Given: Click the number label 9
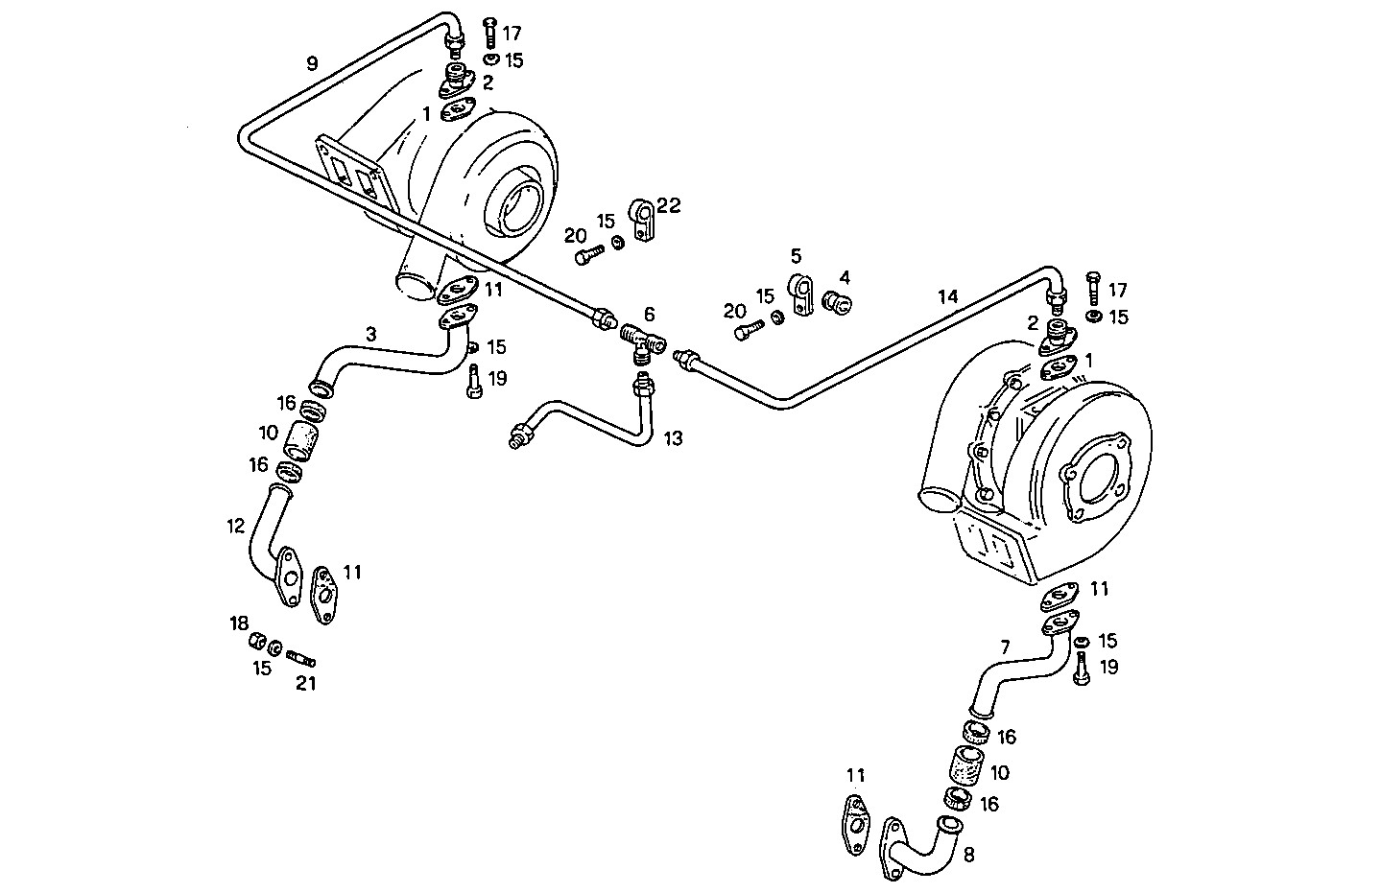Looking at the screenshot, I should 312,63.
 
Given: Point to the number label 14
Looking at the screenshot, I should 948,297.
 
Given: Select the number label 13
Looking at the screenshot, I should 674,438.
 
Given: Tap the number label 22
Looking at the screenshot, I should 669,205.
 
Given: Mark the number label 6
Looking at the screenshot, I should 650,314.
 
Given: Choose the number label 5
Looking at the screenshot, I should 796,256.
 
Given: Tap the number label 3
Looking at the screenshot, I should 370,335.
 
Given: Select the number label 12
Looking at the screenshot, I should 235,526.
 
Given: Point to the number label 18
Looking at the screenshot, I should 238,624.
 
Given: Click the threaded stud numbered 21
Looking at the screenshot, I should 300,660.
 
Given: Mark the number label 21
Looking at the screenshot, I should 305,683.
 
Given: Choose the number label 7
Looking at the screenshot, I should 1005,647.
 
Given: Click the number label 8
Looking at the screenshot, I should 968,855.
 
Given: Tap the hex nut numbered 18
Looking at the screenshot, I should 257,642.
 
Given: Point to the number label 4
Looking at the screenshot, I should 845,277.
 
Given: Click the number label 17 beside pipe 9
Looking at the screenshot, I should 512,34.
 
